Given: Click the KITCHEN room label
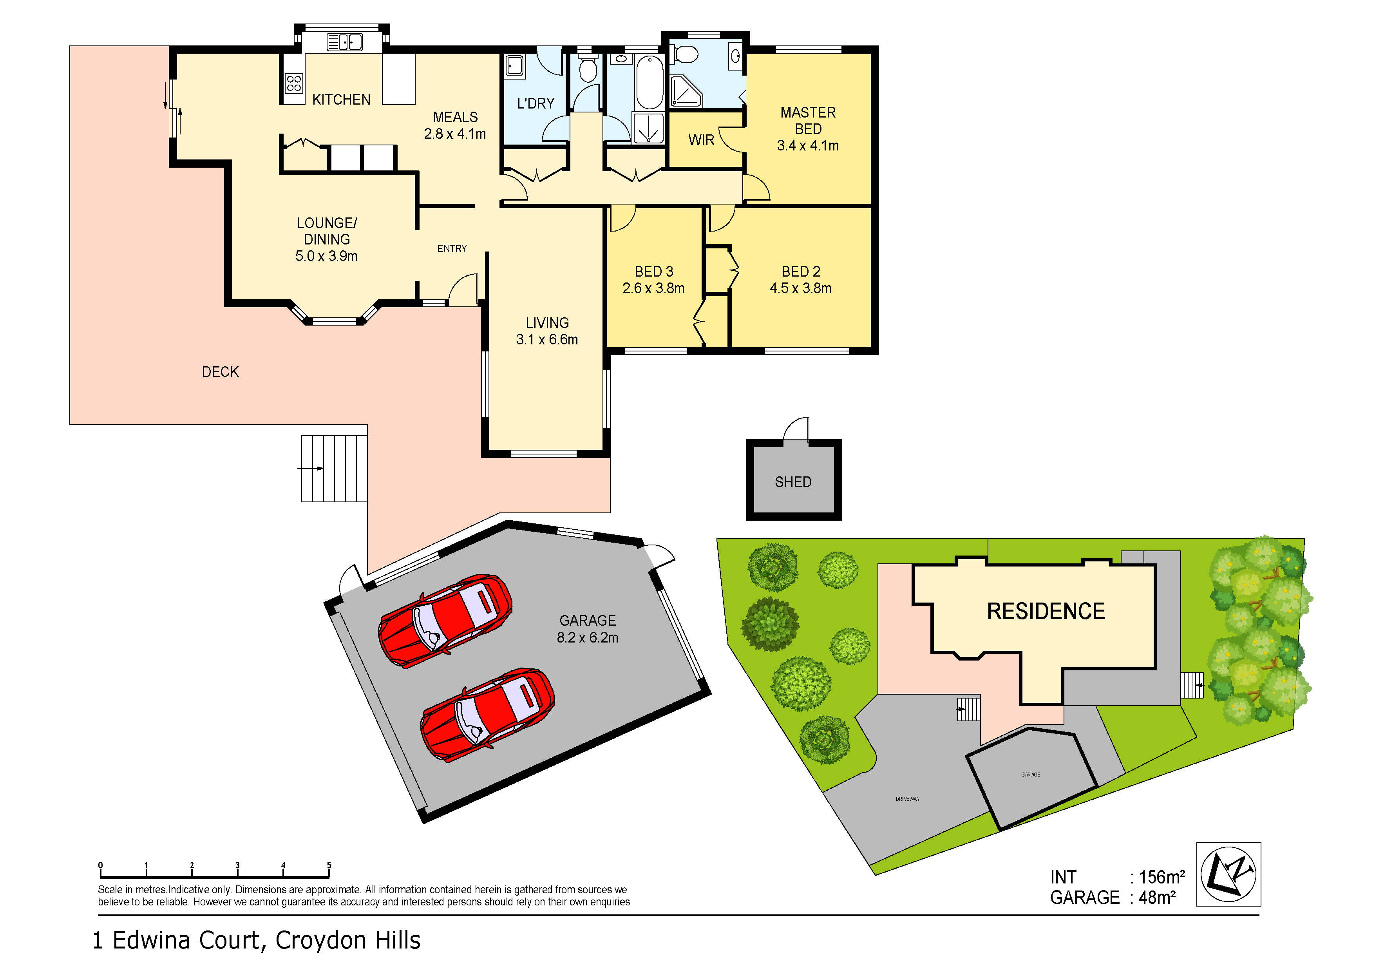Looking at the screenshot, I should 341,100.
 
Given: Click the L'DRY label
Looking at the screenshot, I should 536,103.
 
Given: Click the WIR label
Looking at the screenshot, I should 701,140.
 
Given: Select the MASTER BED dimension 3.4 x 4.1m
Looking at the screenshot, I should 807,145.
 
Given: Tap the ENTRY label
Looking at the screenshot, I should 452,248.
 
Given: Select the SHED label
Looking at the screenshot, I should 793,482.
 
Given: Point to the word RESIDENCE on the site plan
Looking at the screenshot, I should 1045,612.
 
